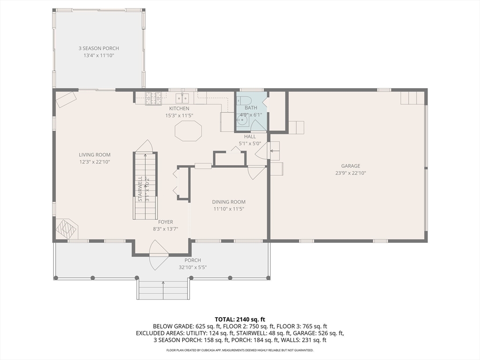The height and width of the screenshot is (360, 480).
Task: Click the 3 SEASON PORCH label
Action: (x=98, y=48)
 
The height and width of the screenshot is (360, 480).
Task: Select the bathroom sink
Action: (x=242, y=120)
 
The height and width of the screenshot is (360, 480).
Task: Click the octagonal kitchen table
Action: (x=188, y=131)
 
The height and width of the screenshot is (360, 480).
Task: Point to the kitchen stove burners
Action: (x=153, y=98)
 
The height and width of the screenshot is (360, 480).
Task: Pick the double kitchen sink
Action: (x=182, y=98)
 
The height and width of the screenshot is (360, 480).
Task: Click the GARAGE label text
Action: (x=351, y=166)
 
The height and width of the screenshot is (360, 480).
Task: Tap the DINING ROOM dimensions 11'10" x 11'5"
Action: (x=229, y=209)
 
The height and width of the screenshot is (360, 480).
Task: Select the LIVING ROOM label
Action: (x=95, y=155)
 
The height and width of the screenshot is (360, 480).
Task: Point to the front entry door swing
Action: (x=159, y=255)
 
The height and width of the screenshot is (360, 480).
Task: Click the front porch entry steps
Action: (x=163, y=290)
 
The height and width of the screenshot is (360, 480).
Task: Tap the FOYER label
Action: (x=165, y=222)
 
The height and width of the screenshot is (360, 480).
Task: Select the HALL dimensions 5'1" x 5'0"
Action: (x=250, y=143)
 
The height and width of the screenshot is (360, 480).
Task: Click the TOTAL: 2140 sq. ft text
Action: (x=240, y=319)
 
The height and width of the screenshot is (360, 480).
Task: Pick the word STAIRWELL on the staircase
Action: (x=140, y=188)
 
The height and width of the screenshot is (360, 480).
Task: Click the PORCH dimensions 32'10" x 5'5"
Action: (x=193, y=267)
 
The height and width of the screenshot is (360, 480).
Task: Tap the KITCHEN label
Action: (x=179, y=108)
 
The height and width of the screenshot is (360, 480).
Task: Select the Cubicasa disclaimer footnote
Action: (x=240, y=350)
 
